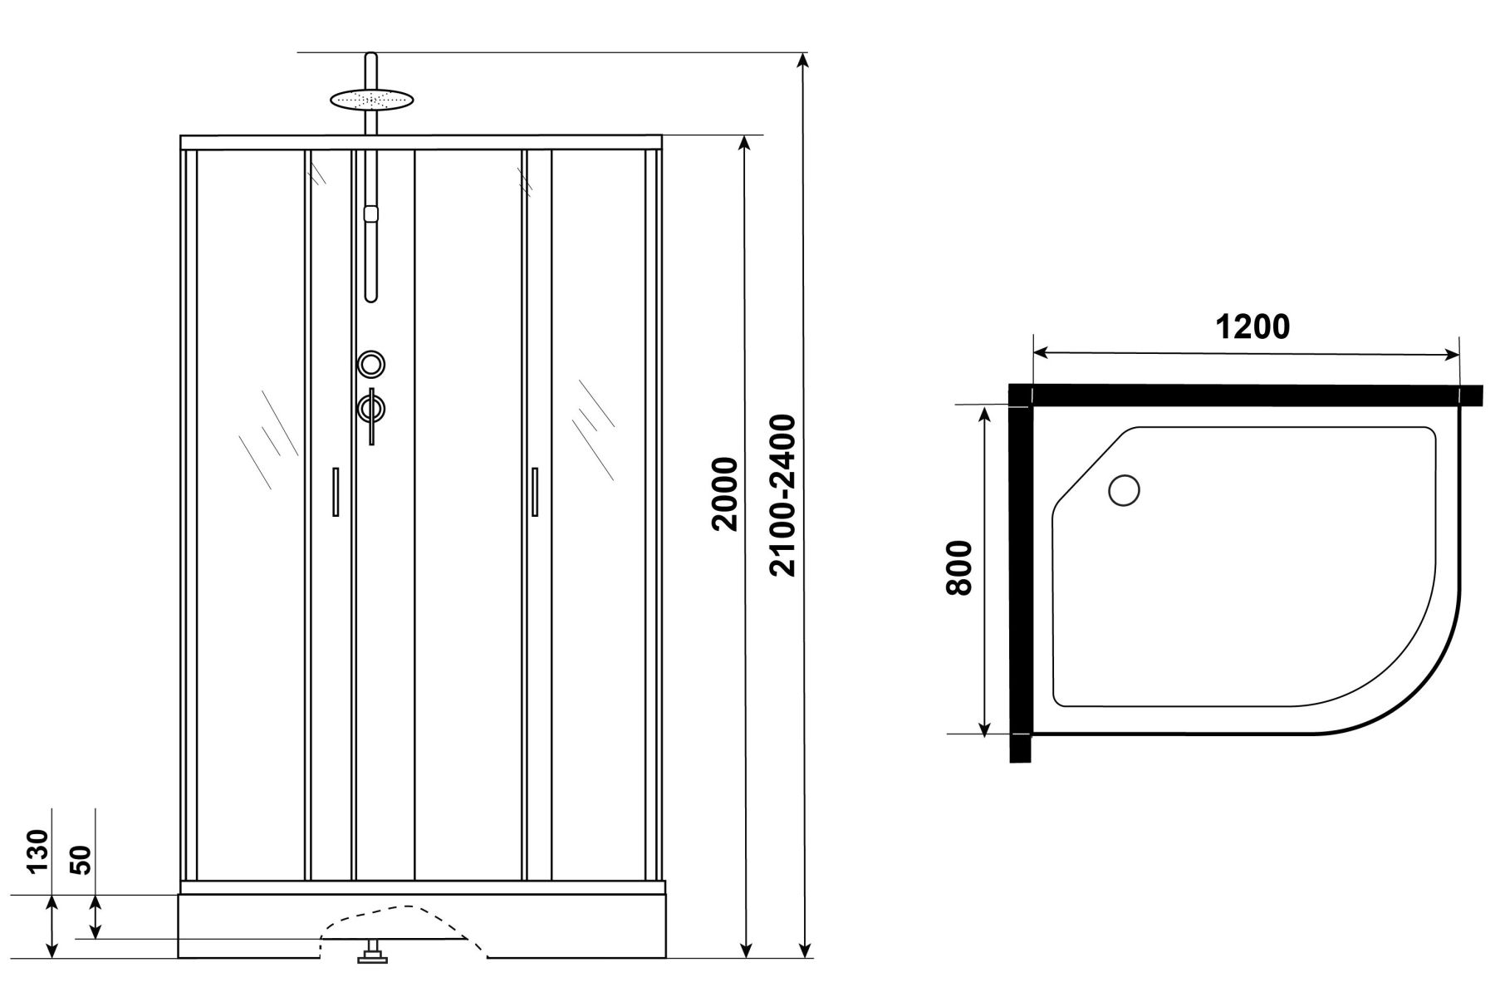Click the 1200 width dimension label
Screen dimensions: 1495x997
[1252, 327]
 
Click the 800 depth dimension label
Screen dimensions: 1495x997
[958, 567]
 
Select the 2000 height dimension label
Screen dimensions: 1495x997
[724, 494]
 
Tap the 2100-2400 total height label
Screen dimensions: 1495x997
[782, 495]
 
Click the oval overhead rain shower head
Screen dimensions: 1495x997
[371, 99]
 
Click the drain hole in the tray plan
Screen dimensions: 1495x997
[1125, 489]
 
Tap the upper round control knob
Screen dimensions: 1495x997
[371, 364]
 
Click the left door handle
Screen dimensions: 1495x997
[336, 492]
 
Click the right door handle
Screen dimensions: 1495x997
[535, 492]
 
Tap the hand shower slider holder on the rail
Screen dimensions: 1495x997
[371, 213]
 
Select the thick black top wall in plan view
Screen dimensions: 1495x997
[1246, 395]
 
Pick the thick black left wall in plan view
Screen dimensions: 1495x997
[1019, 572]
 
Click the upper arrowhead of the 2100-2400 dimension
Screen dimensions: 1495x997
[802, 63]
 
